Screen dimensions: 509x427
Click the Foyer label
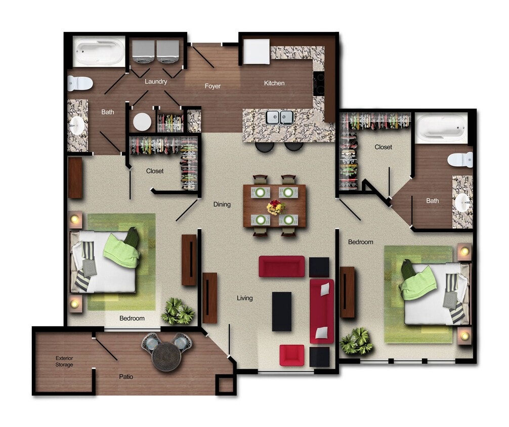[x=213, y=86]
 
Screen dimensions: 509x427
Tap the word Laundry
[x=156, y=81]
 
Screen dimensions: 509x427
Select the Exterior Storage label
[x=64, y=361]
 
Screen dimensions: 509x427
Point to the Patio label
[x=126, y=377]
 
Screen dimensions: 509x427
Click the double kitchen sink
[x=279, y=117]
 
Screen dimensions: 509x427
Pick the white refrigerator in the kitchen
[x=257, y=52]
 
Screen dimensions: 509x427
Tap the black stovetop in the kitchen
[x=319, y=83]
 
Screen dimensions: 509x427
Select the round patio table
[x=166, y=356]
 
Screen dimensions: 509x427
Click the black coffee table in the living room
[x=281, y=312]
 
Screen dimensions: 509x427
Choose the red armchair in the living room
[x=292, y=355]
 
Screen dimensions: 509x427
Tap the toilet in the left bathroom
[x=80, y=83]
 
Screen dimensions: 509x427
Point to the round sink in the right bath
[x=462, y=203]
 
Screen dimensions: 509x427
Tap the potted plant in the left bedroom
[x=177, y=311]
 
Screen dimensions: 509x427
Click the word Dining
[x=222, y=204]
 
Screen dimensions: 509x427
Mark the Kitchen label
[x=274, y=83]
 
